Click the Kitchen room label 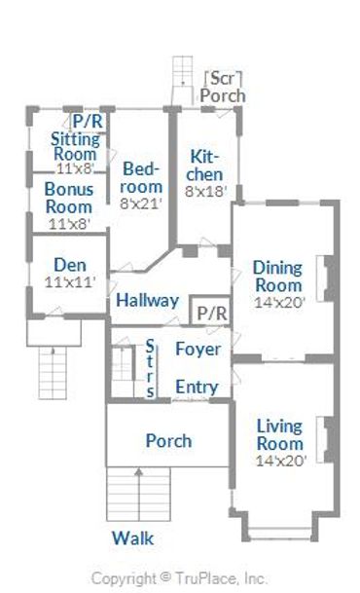[x=204, y=166]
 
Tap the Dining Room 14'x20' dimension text [x=279, y=303]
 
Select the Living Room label [x=280, y=435]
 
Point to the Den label [x=70, y=265]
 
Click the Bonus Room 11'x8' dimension [x=69, y=224]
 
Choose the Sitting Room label [x=76, y=146]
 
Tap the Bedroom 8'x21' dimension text [x=141, y=204]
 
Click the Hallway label [x=147, y=300]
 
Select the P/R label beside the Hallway [x=212, y=314]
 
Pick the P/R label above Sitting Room [x=88, y=122]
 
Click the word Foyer [x=198, y=349]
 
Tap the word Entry [x=197, y=387]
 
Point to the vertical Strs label [x=150, y=368]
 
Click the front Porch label [x=168, y=441]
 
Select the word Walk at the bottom [x=132, y=538]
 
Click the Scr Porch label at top [x=223, y=87]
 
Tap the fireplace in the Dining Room [x=326, y=278]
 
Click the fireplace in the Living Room [x=326, y=439]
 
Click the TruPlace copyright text [x=179, y=578]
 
